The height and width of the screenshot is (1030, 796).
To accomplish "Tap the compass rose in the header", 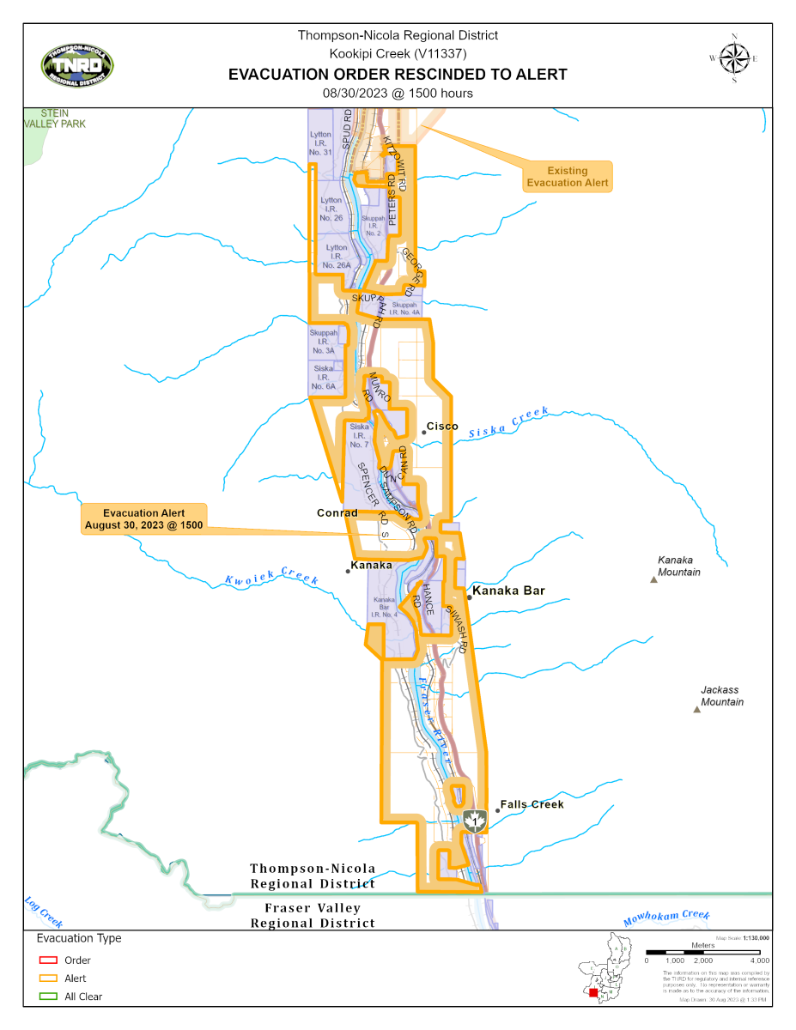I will click(735, 58).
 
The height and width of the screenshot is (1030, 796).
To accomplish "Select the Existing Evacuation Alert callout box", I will click(568, 176).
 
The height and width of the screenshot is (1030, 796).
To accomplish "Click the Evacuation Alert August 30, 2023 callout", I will click(144, 518).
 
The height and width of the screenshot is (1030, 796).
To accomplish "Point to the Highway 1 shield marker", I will click(475, 821).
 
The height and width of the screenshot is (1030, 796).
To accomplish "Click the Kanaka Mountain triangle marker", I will click(654, 581).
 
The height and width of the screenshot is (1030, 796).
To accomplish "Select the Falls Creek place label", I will click(532, 804).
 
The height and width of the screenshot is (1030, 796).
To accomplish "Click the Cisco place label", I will click(442, 427).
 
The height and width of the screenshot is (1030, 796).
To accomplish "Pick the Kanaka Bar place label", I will click(508, 591).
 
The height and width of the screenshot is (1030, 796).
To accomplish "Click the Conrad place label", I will click(337, 513).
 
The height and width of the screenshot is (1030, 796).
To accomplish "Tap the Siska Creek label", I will click(507, 423).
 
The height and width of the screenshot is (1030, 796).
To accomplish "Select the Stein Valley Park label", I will click(55, 118).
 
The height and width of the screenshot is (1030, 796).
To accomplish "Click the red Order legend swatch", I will click(48, 960).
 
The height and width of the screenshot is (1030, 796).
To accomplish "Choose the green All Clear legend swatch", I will click(48, 997).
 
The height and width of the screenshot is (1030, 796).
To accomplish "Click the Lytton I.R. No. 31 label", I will click(320, 143).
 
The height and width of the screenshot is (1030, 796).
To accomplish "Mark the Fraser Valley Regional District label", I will click(313, 915).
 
